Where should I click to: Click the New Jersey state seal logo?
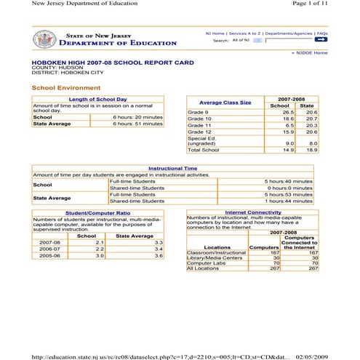44,39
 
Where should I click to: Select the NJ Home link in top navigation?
215,33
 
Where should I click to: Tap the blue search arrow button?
321,41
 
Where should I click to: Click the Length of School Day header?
97,99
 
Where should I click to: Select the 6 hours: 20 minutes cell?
137,116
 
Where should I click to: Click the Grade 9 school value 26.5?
288,113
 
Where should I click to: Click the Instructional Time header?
172,168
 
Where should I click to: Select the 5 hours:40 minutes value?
288,180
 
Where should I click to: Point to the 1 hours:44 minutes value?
288,201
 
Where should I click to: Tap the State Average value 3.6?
157,256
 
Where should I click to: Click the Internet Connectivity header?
253,212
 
